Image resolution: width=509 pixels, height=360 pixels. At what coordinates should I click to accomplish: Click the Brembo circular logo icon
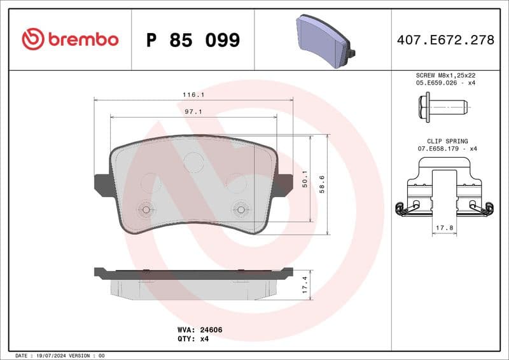click(x=33, y=39)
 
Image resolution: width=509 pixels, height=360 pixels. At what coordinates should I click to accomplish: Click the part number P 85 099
click(x=193, y=40)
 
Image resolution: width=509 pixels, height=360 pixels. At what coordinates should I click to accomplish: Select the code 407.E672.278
click(x=445, y=40)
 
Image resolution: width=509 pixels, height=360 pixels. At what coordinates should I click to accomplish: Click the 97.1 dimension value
click(x=193, y=111)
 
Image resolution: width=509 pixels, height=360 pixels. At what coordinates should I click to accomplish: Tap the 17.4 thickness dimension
click(x=305, y=284)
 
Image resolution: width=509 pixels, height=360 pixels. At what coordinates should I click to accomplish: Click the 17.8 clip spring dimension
click(x=445, y=227)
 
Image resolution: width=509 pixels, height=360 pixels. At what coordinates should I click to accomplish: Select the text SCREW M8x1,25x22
click(x=445, y=75)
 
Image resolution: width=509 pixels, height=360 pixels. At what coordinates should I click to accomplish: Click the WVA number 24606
click(x=211, y=330)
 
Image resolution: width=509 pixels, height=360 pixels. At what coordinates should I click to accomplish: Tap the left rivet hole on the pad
click(x=146, y=209)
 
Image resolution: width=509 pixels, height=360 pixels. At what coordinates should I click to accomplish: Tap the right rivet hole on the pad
click(x=241, y=209)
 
